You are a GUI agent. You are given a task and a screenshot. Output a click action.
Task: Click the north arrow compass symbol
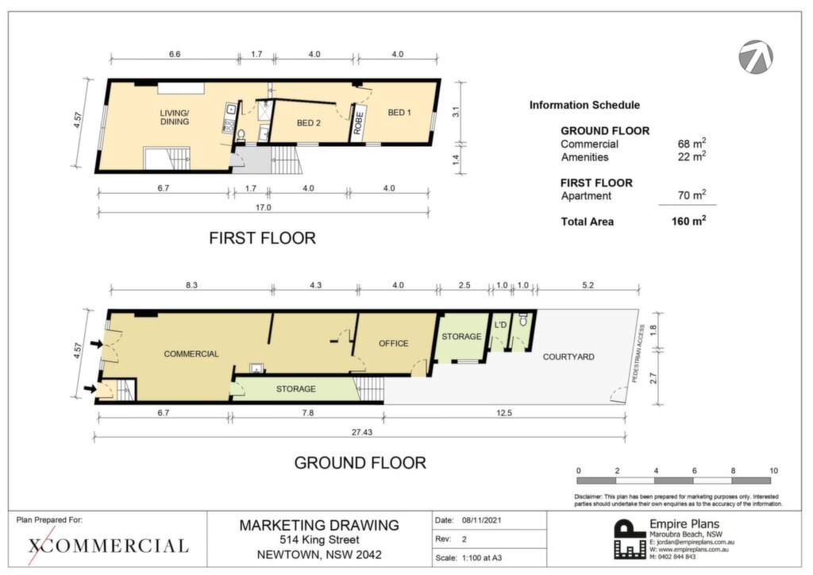click(756, 56)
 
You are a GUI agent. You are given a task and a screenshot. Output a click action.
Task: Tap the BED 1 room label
click(399, 113)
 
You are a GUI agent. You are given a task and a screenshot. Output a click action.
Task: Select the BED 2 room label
click(309, 123)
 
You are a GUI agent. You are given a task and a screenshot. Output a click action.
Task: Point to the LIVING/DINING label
click(174, 118)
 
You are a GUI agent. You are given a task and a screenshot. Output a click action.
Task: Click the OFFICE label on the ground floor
click(394, 343)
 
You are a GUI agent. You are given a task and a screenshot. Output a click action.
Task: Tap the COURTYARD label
click(568, 357)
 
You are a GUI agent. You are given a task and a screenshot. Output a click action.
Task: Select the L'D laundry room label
click(500, 325)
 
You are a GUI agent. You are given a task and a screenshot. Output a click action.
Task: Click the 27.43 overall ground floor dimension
click(362, 432)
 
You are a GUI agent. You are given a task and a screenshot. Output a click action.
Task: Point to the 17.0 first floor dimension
click(264, 207)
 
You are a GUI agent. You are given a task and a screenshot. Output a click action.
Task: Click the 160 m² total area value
click(688, 221)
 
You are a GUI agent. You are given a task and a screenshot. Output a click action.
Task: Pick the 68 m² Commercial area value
click(692, 144)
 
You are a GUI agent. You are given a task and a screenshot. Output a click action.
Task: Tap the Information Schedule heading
click(584, 106)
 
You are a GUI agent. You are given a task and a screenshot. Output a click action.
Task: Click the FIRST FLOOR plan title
click(262, 238)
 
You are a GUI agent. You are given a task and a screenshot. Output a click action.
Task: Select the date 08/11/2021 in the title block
click(482, 520)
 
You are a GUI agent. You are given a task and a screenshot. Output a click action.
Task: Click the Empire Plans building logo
click(630, 539)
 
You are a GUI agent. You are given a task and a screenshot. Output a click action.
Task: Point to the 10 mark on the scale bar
click(773, 471)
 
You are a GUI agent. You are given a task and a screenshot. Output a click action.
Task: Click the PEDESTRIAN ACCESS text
click(638, 354)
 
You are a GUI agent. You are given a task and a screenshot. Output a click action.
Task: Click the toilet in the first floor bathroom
click(241, 135)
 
